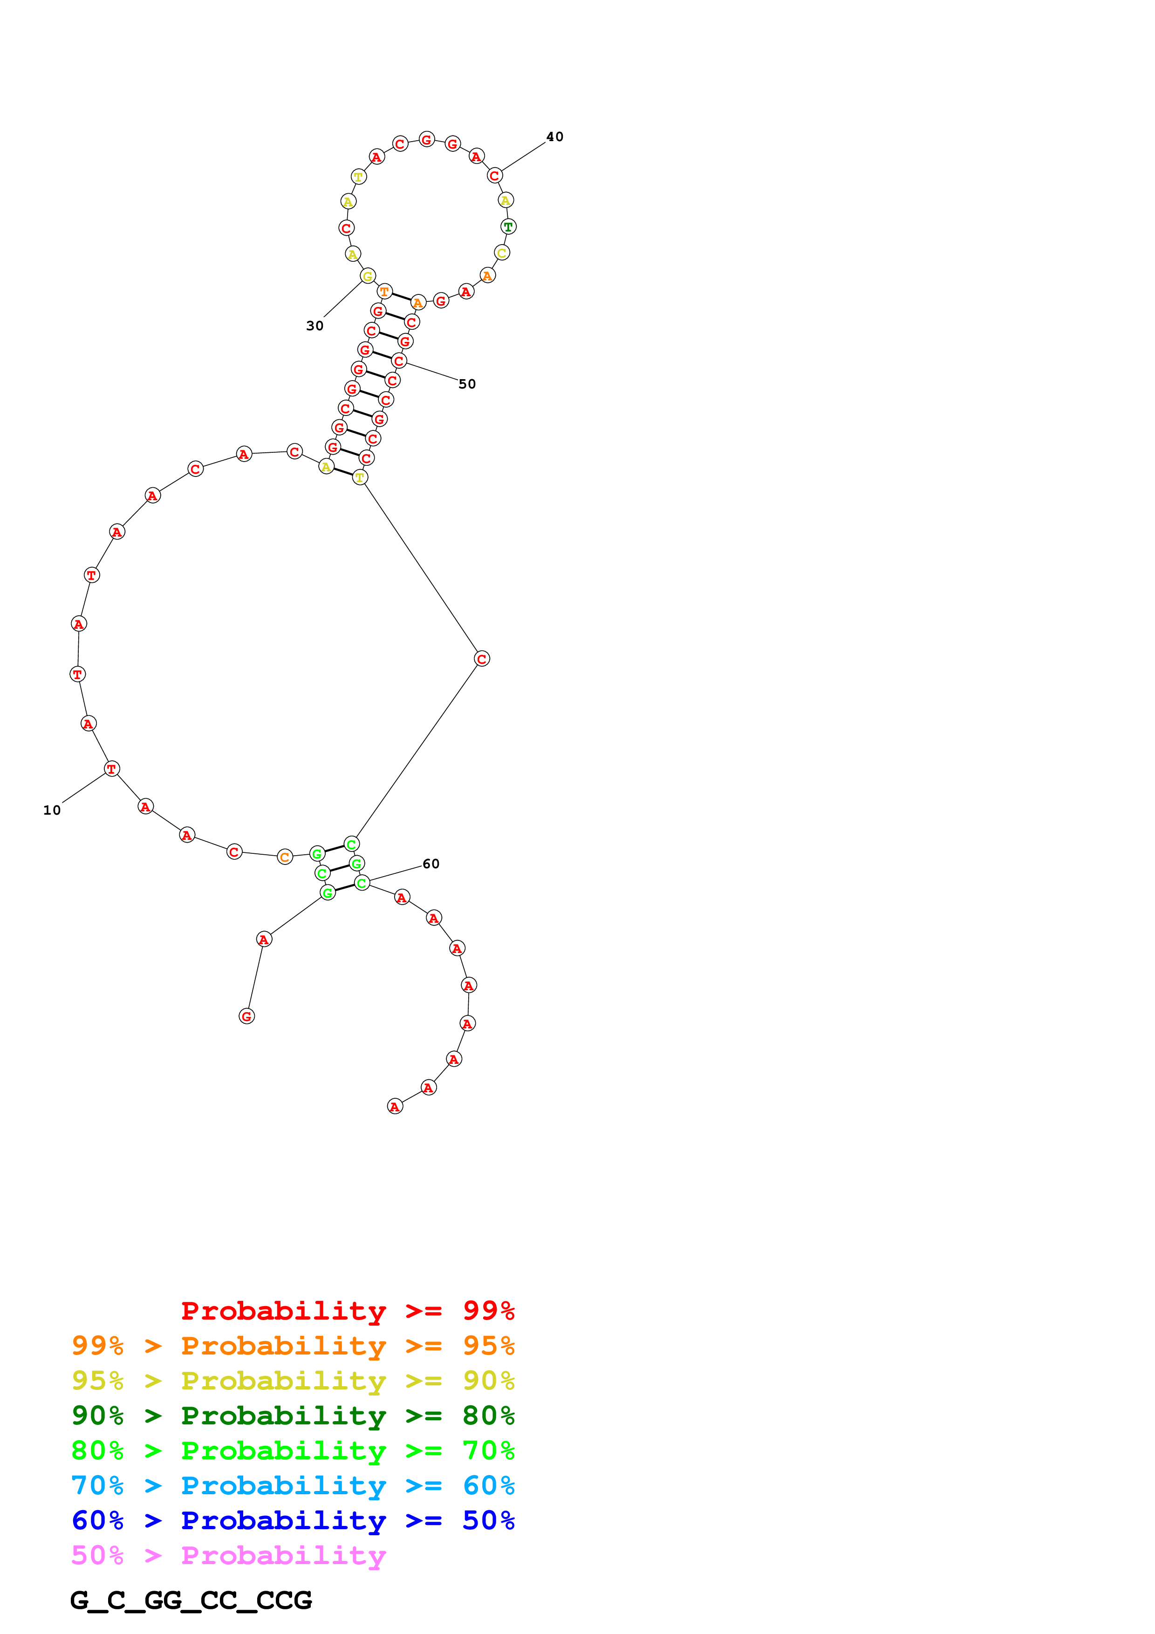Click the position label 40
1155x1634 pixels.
(x=554, y=136)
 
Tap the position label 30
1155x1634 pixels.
(x=314, y=326)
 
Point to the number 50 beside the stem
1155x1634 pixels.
(x=467, y=384)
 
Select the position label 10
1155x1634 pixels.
(x=52, y=810)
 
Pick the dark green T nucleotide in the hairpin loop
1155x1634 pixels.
(x=508, y=227)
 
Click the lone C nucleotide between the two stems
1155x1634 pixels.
(x=482, y=659)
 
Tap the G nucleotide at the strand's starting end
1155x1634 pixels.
(x=247, y=1016)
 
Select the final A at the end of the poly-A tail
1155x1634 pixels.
(x=395, y=1107)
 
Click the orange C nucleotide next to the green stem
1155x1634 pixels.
(x=285, y=857)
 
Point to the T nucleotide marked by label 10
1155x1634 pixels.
(x=112, y=769)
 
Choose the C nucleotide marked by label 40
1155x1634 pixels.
(x=495, y=175)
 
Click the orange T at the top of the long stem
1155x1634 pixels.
(x=384, y=291)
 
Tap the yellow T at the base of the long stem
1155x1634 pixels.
(x=360, y=477)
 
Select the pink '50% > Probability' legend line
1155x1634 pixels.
(x=228, y=1556)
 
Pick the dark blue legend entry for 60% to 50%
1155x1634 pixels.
(x=293, y=1520)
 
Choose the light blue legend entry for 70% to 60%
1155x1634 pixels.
(x=293, y=1485)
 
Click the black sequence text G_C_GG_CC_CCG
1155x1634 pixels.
(x=191, y=1600)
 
